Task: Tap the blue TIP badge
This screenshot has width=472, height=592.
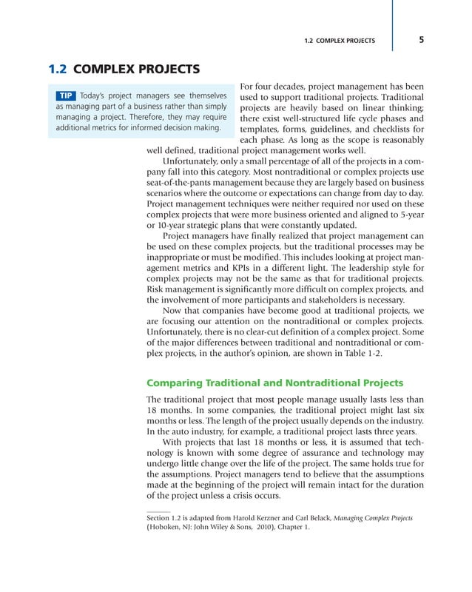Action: (66, 97)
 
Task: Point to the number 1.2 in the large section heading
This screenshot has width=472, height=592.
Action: (58, 70)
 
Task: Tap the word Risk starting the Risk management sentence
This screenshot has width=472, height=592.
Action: (158, 289)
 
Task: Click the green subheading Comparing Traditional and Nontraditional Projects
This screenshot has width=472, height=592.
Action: (275, 383)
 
